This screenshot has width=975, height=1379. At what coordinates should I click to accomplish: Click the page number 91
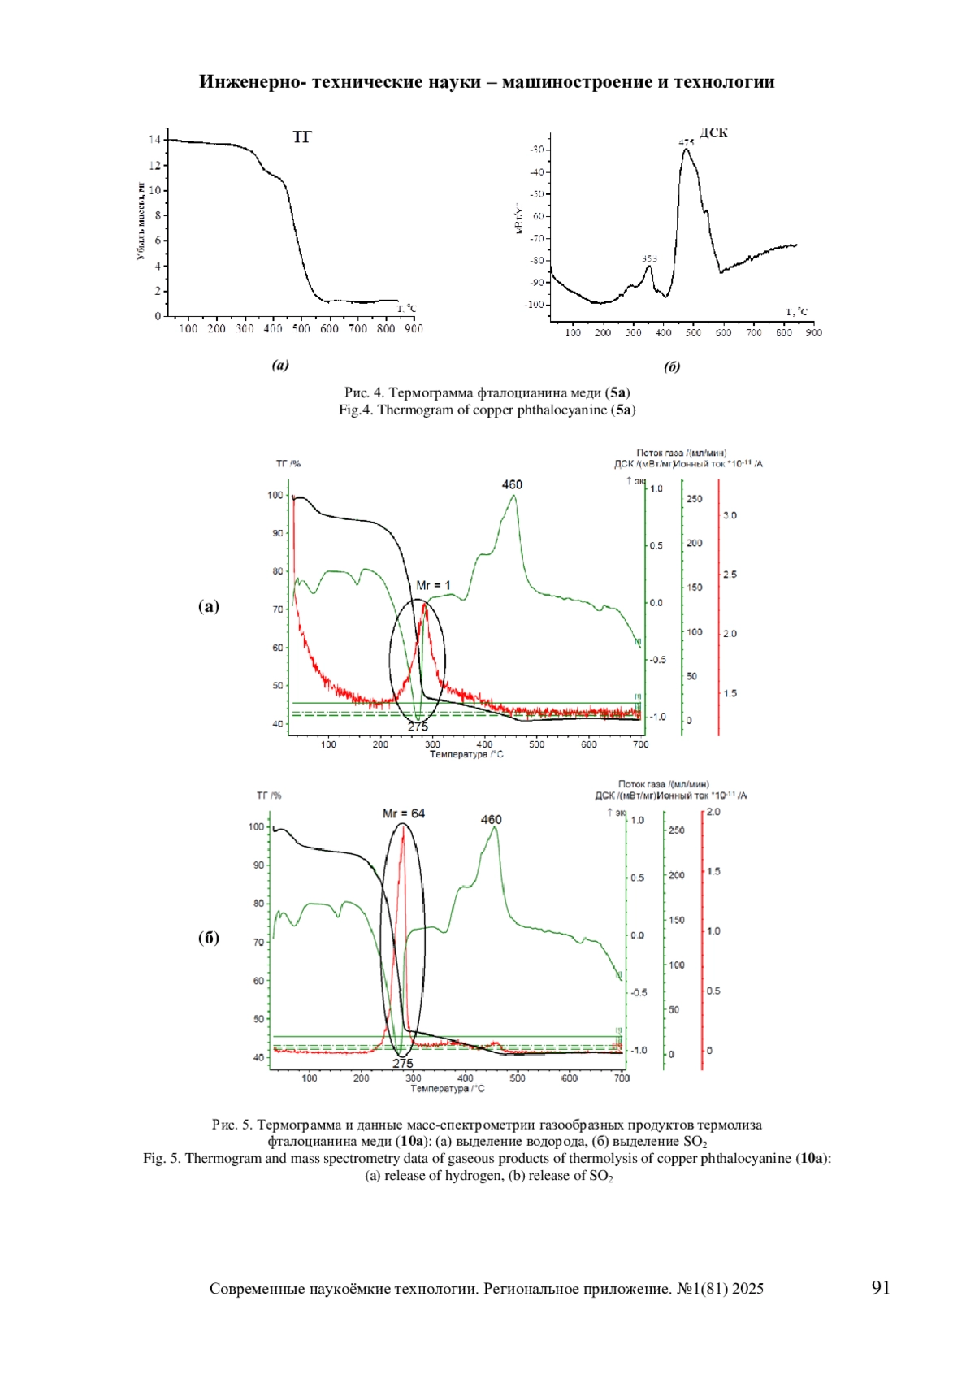point(881,1287)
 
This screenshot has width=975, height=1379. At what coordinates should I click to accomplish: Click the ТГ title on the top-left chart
point(301,137)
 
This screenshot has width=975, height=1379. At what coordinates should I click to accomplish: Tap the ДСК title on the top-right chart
point(713,132)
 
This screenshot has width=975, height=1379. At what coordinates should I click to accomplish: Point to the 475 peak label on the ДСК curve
point(687,143)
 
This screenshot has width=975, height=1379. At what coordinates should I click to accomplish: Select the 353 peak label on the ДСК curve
point(648,258)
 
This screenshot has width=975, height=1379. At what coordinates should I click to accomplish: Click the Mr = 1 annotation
point(433,585)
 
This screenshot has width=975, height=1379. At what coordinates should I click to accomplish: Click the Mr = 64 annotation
point(404,813)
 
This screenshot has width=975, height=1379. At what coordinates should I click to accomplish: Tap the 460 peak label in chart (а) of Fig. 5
point(512,484)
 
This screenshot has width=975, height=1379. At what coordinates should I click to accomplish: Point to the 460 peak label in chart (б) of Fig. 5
point(492,819)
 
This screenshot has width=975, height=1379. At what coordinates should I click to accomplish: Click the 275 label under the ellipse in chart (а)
point(418,726)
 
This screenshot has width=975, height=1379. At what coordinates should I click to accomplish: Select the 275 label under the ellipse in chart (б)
point(403,1063)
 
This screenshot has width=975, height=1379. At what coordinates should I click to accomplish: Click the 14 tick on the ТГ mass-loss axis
point(154,140)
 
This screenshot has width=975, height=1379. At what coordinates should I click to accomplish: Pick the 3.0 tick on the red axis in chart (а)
point(730,515)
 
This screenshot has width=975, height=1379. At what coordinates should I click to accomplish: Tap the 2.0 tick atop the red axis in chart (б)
point(713,812)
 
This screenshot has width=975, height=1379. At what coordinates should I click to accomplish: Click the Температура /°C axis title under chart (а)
point(467,754)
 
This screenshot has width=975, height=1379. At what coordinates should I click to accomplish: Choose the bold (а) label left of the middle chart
point(209,605)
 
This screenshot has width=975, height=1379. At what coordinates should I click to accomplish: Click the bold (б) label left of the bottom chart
point(209,937)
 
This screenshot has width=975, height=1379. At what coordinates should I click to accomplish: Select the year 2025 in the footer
point(747,1288)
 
